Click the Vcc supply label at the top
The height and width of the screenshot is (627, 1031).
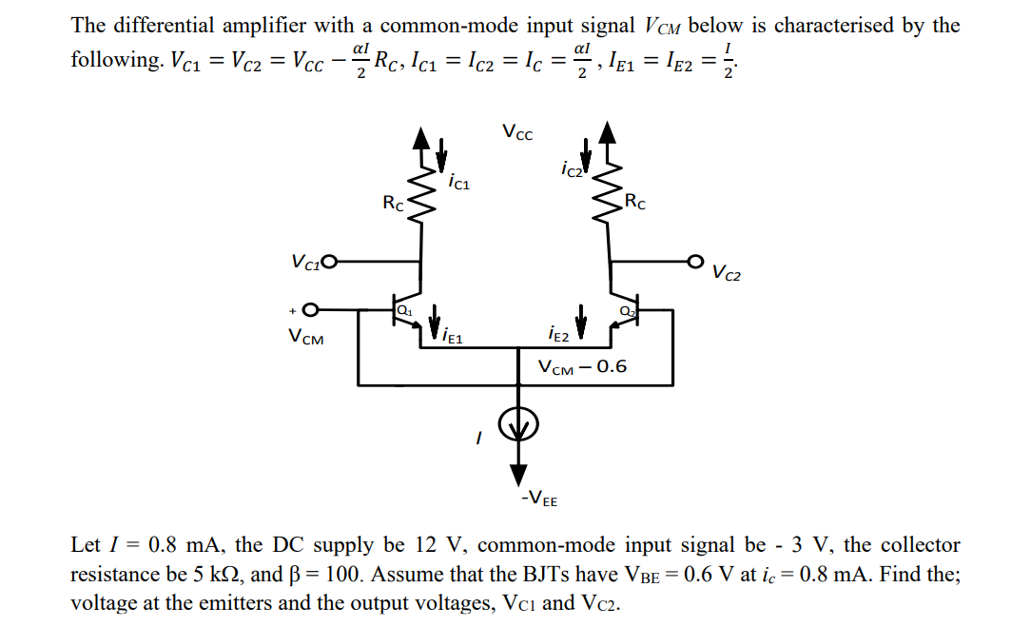pyautogui.click(x=518, y=133)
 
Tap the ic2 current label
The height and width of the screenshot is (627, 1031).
pyautogui.click(x=571, y=171)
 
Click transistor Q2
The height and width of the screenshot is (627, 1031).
pyautogui.click(x=623, y=313)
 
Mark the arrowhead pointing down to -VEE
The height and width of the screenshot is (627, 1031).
pyautogui.click(x=519, y=475)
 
